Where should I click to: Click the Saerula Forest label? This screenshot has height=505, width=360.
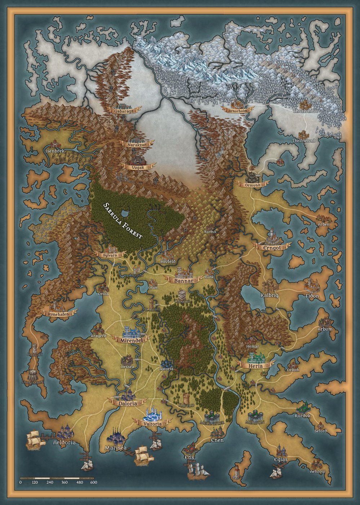tap(123, 220)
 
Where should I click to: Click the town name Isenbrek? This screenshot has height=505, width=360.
tap(55, 151)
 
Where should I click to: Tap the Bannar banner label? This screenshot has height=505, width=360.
tap(183, 280)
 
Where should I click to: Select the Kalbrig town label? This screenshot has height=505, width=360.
tap(270, 295)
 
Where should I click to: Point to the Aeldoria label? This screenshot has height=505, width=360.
tap(64, 442)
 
